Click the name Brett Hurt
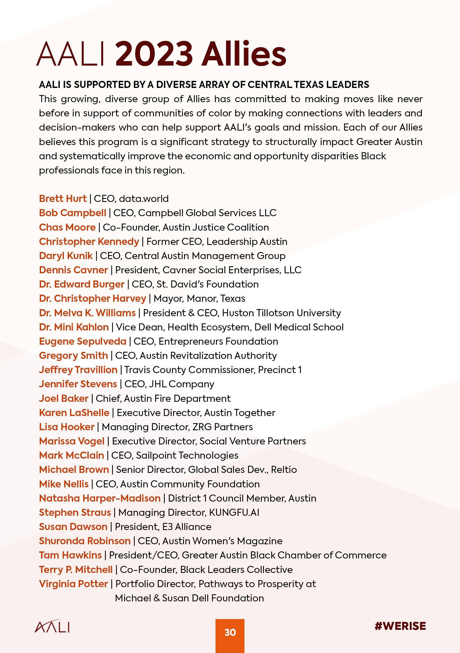coord(63,199)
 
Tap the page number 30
coord(230,632)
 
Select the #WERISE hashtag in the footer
coord(400,626)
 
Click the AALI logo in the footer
coord(52,626)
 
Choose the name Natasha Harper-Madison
coord(100,498)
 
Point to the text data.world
coord(144,199)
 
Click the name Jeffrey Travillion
coord(78,370)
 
